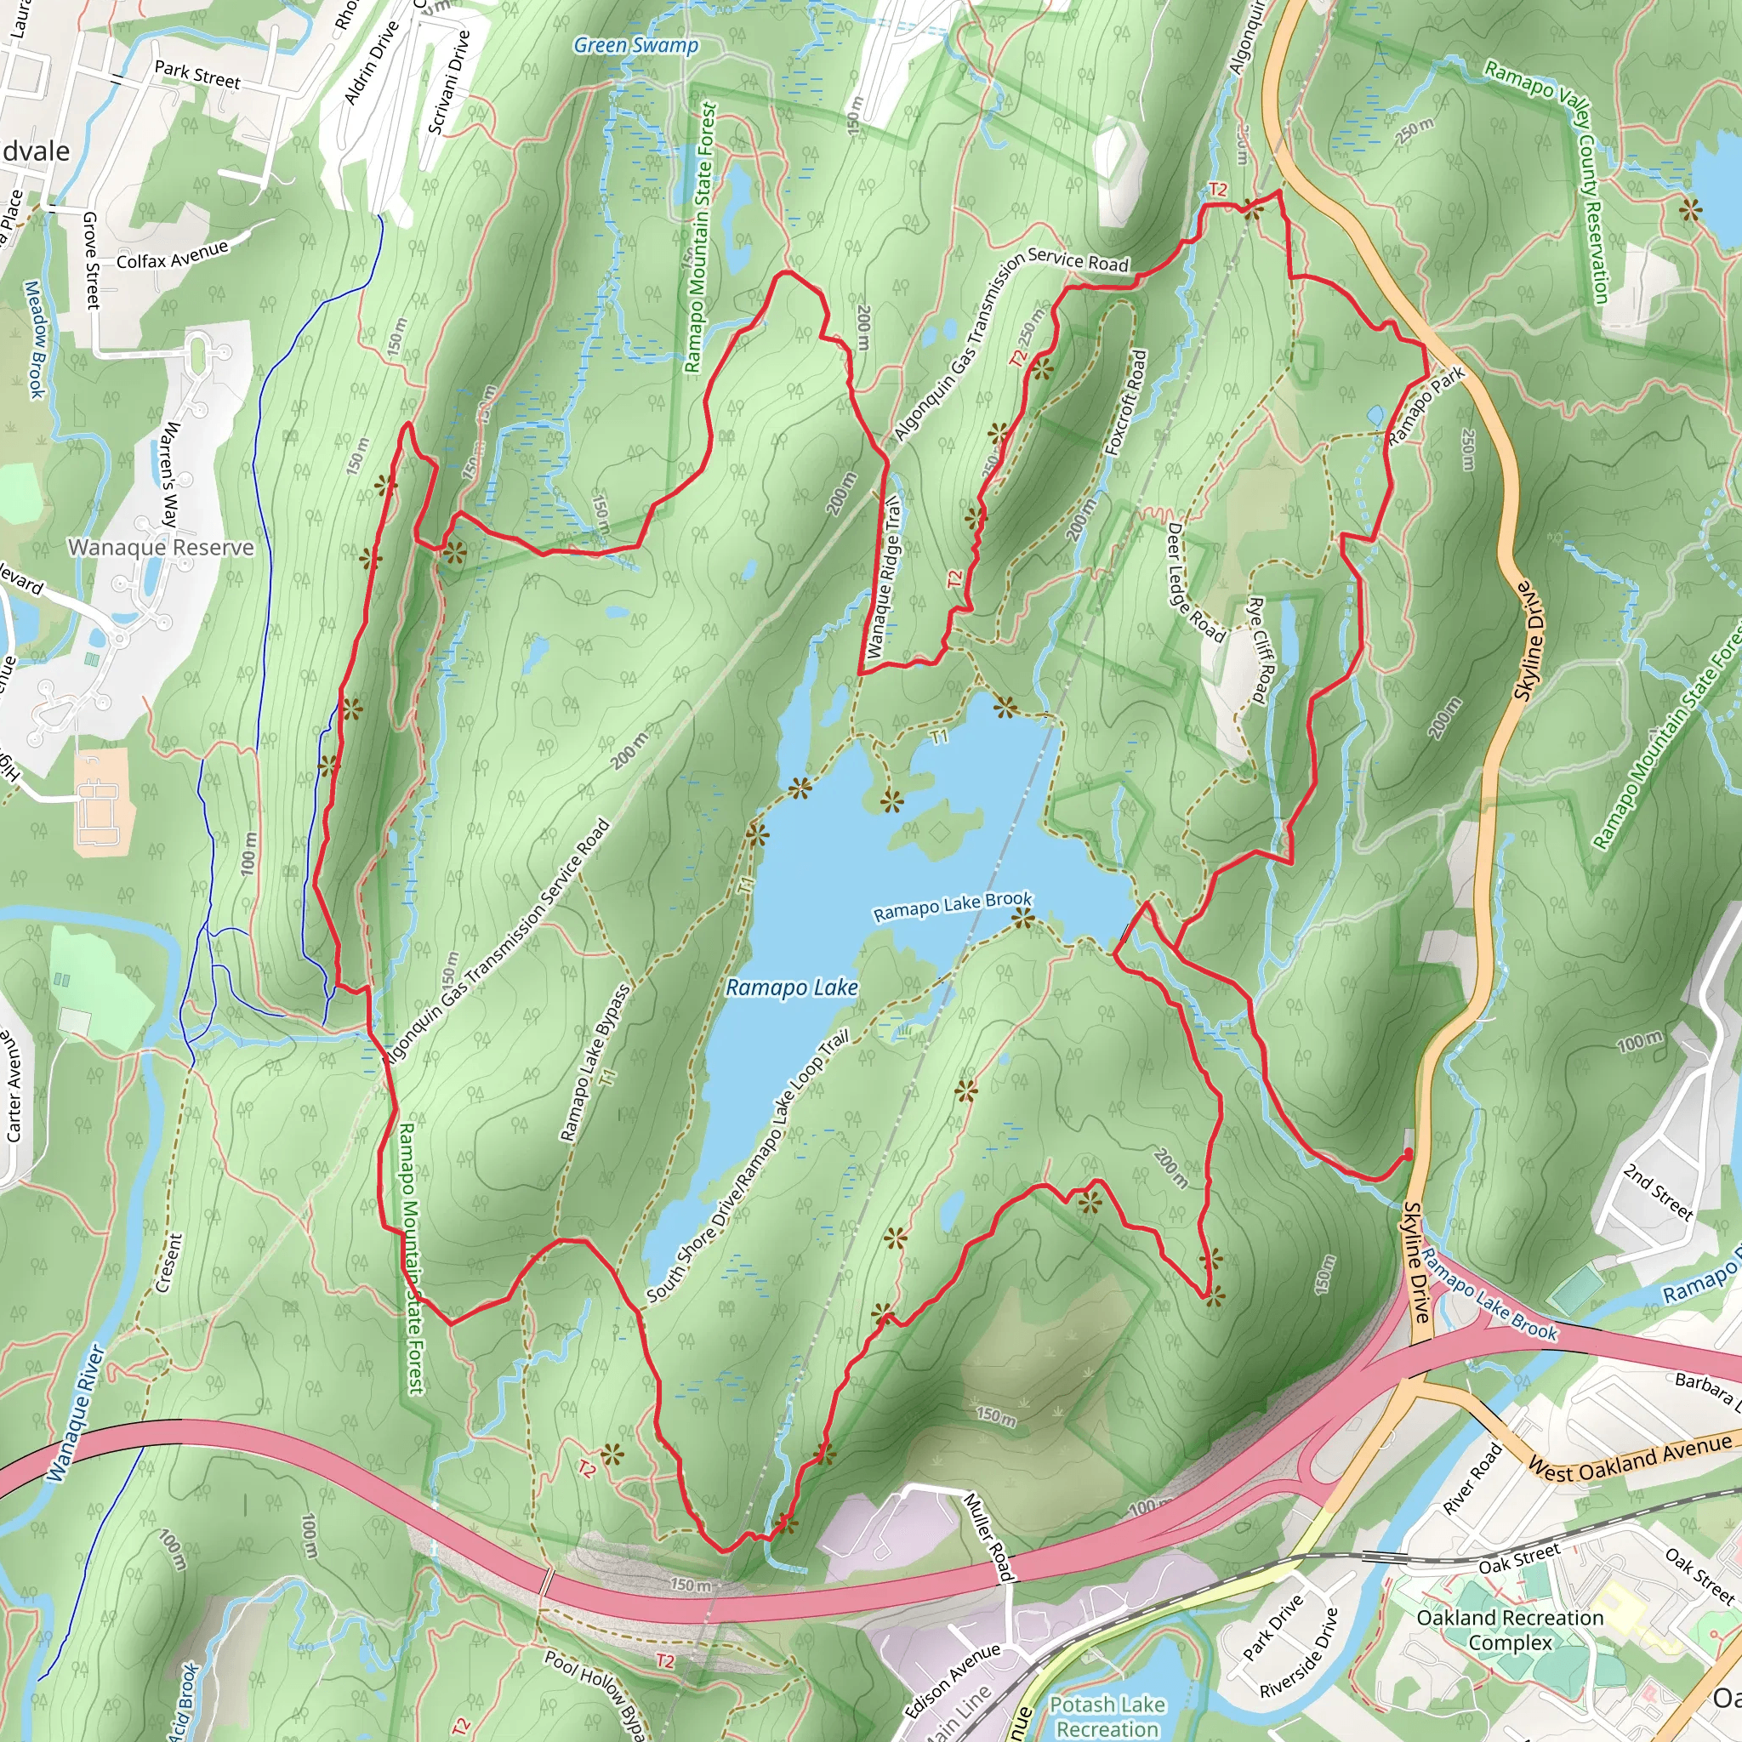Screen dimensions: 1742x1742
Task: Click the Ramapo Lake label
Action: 792,988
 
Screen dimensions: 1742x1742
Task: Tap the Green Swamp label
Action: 635,45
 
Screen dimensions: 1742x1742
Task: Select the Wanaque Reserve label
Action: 161,547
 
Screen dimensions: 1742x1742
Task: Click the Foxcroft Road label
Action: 1126,403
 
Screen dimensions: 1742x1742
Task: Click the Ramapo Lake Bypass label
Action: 595,1064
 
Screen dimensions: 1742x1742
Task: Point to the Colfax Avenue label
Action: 171,255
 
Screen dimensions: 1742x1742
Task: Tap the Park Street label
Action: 197,74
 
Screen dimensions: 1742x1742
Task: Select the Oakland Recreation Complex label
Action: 1511,1629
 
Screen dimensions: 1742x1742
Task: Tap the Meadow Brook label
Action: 34,339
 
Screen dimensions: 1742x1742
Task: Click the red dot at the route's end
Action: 1409,1153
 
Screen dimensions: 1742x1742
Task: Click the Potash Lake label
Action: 1107,1704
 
